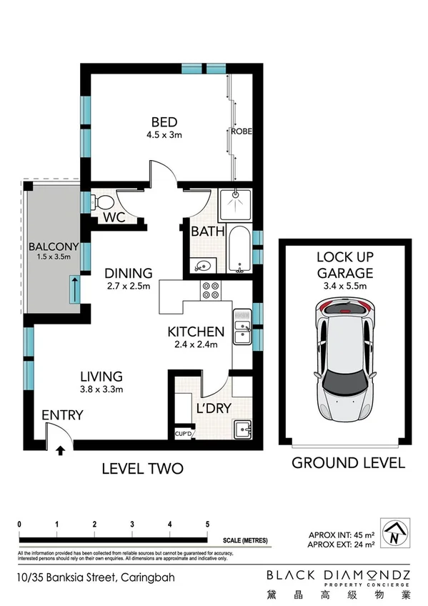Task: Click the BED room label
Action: [x=164, y=121]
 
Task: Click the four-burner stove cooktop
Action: [x=212, y=291]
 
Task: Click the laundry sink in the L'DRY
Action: [x=243, y=430]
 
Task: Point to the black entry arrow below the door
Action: [x=60, y=450]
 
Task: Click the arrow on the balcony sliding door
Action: [x=74, y=290]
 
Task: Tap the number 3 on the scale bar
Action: [x=132, y=524]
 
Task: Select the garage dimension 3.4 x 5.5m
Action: [x=345, y=287]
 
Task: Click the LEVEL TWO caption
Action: [x=142, y=469]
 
